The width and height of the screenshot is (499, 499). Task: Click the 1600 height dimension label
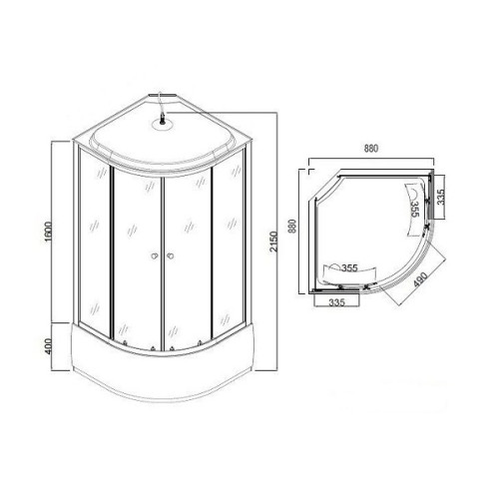tap(49, 232)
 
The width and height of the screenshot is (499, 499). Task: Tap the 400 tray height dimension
tap(49, 346)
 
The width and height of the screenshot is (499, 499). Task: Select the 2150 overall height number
tap(273, 242)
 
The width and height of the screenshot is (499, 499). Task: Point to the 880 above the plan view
tap(371, 149)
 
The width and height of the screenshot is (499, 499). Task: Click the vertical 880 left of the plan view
tap(292, 227)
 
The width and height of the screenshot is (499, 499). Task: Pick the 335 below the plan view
tap(337, 302)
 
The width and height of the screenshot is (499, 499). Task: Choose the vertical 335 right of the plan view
tap(440, 197)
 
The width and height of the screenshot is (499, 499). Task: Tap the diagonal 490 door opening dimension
tap(420, 279)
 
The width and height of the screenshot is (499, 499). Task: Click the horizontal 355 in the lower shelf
tap(349, 267)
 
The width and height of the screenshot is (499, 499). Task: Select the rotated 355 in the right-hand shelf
tap(415, 209)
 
